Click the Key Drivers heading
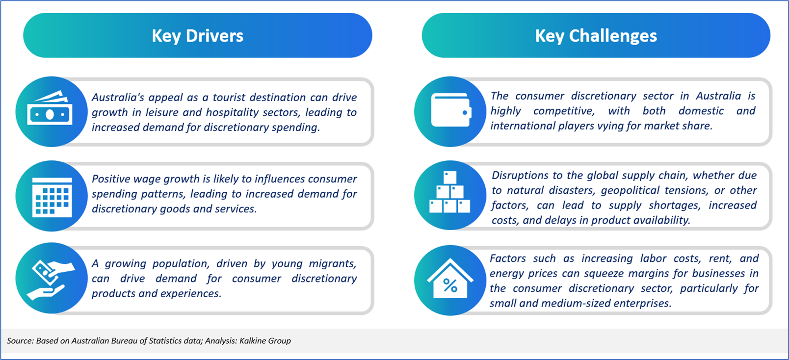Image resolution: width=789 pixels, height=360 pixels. pos(198,36)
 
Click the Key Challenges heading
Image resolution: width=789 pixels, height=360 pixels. pos(596,36)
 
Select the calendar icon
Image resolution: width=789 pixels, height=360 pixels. pos(52,197)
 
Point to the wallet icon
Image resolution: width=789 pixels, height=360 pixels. pos(451,110)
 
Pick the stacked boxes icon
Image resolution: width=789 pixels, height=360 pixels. pos(450,192)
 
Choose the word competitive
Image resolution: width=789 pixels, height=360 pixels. pos(564,111)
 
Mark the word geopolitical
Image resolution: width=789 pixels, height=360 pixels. pos(630,191)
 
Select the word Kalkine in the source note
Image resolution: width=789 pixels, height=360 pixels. pos(253,341)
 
